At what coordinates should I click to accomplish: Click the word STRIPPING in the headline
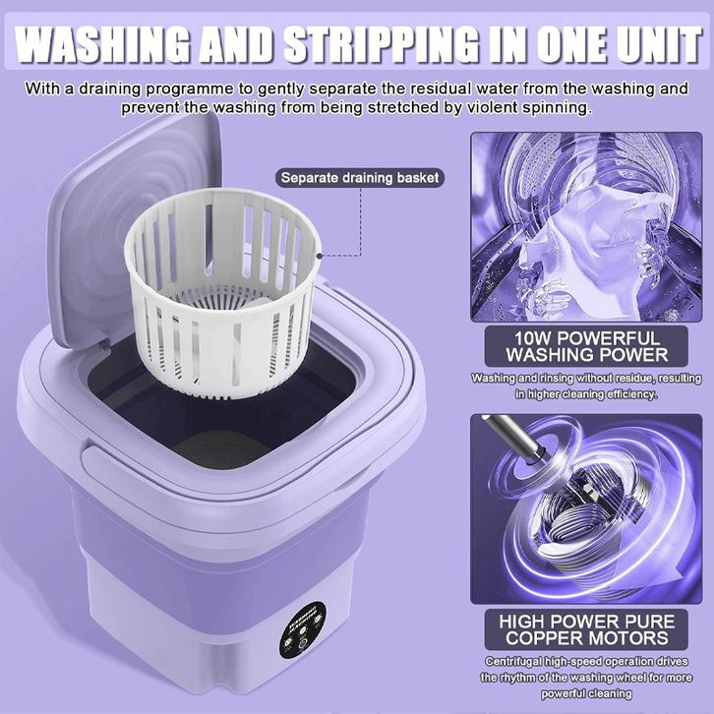coord(381,44)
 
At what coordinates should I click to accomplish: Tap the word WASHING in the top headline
coord(101,44)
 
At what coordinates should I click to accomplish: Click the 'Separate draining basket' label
coord(360,178)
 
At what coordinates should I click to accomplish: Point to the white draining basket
coord(222,291)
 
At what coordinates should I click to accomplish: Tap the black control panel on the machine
coord(302,629)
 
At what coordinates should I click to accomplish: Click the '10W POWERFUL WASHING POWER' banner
coord(586,346)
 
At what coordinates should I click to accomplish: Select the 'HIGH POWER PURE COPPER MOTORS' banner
coord(586,629)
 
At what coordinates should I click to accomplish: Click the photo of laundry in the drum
coord(586,226)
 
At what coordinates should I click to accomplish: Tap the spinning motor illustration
coord(586,508)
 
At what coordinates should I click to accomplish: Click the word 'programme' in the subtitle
coord(189,89)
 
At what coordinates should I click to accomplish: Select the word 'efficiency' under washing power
coord(631,394)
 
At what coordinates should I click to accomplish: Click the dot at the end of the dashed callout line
coord(320,256)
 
